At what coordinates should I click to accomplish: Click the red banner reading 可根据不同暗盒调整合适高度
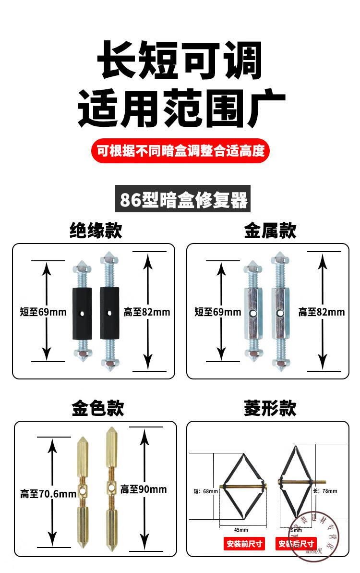click(180, 151)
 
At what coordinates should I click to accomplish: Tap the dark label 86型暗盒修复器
click(183, 198)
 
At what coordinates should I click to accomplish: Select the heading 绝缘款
click(96, 230)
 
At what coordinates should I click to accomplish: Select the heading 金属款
click(270, 230)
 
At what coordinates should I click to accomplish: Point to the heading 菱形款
click(270, 408)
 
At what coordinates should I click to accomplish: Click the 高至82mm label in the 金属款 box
click(322, 312)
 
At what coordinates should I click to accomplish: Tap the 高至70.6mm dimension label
click(48, 493)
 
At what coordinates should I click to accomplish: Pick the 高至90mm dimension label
click(144, 489)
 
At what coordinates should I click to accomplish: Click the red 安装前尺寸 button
click(244, 544)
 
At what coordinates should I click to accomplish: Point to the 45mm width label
click(241, 529)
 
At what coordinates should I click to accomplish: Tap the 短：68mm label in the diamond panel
click(205, 491)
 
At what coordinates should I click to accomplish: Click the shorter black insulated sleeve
click(82, 313)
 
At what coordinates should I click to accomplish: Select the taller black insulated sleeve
click(108, 313)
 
